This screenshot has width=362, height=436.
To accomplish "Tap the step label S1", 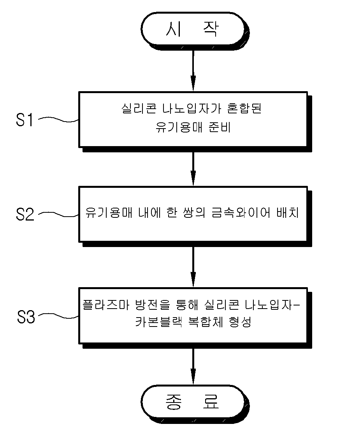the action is [x=25, y=120].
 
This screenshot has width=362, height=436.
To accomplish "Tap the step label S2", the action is [x=25, y=214].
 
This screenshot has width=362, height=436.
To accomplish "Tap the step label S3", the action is [x=26, y=317].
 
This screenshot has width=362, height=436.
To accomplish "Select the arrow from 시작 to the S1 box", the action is [x=193, y=71].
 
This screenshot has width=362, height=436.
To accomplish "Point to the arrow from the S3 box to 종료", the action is [x=193, y=367].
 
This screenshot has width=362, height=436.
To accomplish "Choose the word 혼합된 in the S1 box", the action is [x=244, y=108].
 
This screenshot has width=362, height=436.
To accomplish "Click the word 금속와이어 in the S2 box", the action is [x=241, y=213].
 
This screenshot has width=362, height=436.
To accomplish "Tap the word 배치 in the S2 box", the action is [x=288, y=213].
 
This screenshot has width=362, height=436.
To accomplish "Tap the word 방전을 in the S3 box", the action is [x=153, y=305].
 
